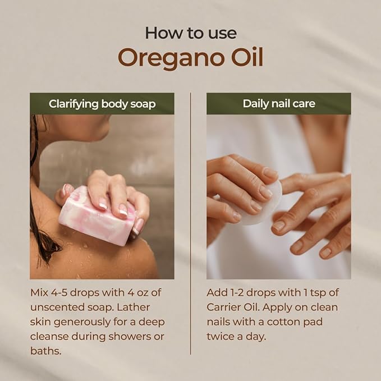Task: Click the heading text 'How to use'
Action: tap(190, 33)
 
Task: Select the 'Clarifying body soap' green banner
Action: tap(102, 104)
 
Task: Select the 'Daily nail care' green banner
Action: tap(278, 104)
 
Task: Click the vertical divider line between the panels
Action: tap(191, 224)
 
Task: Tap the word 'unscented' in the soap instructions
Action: tap(57, 307)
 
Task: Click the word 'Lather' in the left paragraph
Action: tap(144, 307)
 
